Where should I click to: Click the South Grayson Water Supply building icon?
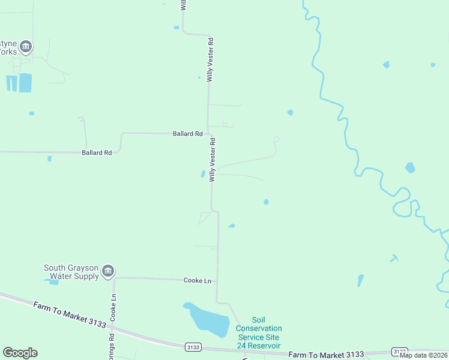[x=108, y=271]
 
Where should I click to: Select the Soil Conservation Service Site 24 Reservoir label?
[x=259, y=333]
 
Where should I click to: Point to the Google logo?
[x=20, y=353]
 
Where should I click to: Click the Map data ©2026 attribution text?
[x=424, y=355]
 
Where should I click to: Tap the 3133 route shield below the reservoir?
[x=193, y=347]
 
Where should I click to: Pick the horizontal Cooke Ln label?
[x=197, y=280]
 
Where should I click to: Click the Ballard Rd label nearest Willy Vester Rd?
[x=187, y=134]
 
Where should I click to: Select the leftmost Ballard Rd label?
[x=97, y=153]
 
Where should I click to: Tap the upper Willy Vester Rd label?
[x=210, y=59]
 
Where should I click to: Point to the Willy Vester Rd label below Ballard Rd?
[x=212, y=159]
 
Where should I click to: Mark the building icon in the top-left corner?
[x=25, y=46]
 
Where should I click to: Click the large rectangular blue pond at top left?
[x=25, y=83]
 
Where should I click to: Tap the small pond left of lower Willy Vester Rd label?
[x=202, y=174]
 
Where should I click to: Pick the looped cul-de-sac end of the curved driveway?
[x=276, y=139]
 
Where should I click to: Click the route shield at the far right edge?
[x=400, y=351]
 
